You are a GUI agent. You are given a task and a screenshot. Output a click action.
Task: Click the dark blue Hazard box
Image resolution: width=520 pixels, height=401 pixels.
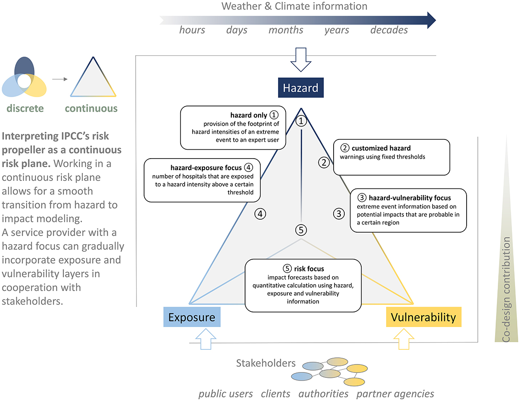301,88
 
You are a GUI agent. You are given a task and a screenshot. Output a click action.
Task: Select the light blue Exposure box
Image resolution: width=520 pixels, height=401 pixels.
192,317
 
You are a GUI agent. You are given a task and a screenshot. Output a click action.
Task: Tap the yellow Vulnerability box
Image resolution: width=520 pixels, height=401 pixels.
423,317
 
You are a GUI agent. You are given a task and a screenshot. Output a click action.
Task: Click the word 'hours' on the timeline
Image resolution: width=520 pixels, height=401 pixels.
192,30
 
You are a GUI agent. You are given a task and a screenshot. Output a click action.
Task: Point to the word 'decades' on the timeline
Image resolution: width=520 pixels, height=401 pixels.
389,30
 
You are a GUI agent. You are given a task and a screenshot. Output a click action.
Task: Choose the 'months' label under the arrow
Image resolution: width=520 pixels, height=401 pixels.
286,30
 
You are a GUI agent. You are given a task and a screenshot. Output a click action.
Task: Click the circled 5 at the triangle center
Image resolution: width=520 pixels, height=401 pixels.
301,230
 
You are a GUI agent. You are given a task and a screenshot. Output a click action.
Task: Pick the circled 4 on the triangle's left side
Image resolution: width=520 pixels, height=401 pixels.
260,214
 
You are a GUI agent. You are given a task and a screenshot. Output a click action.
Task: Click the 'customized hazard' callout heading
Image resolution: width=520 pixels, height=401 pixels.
381,148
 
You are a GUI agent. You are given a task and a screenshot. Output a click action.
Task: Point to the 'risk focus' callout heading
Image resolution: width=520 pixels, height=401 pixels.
309,269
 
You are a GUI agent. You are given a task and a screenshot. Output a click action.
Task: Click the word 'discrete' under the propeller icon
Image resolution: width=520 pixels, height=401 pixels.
25,108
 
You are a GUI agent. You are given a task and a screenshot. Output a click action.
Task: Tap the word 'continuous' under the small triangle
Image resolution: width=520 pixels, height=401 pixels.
91,108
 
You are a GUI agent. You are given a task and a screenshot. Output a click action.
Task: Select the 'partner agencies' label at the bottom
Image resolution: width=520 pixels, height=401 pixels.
395,393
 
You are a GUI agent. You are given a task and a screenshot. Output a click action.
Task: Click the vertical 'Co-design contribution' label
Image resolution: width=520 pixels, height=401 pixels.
506,290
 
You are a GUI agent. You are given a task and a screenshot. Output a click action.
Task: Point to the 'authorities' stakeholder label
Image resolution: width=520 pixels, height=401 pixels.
323,393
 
